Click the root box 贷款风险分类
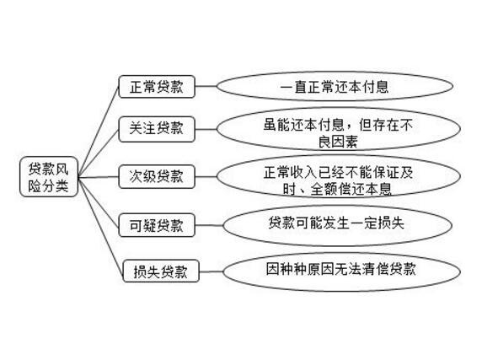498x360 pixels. click(49, 177)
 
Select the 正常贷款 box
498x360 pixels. click(157, 87)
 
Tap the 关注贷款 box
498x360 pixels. click(157, 129)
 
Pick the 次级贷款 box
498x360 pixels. click(157, 177)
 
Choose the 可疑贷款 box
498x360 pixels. click(157, 225)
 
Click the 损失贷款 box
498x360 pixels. click(161, 271)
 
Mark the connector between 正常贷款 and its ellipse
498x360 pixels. click(206, 86)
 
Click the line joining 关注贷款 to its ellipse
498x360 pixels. click(206, 129)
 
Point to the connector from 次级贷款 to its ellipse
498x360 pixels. click(206, 177)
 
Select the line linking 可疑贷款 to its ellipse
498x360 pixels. click(209, 225)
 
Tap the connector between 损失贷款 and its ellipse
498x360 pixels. click(212, 271)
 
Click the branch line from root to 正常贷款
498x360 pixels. click(99, 131)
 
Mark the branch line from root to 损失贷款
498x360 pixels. click(100, 225)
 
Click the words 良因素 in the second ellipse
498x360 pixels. click(338, 142)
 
